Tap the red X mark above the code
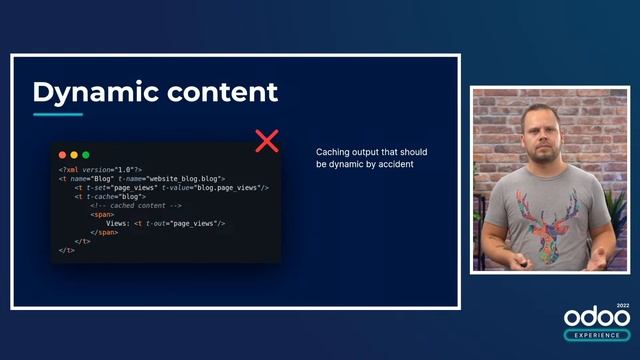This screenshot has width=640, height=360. coord(267,140)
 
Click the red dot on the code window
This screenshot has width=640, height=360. coord(62,155)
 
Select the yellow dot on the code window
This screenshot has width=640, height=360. coord(74,155)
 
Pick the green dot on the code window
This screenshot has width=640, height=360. coord(86,155)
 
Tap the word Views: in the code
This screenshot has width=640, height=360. coord(117,223)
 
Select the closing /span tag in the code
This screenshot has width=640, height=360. coord(104,232)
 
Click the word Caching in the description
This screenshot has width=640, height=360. coord(334,152)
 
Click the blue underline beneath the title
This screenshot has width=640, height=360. coord(58,114)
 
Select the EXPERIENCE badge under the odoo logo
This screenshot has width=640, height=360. coord(597,335)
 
